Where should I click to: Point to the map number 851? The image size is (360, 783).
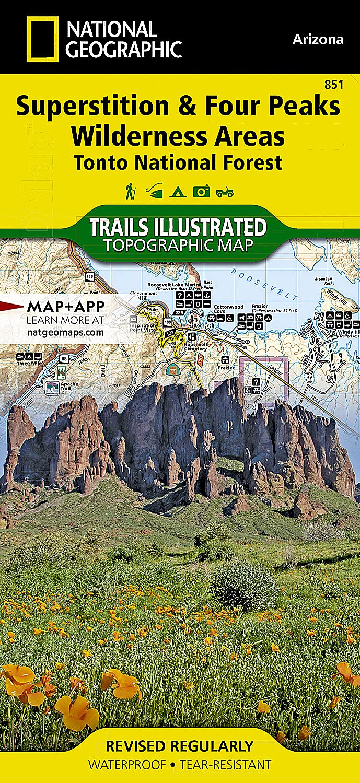(334, 85)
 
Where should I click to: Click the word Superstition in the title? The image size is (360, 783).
(94, 107)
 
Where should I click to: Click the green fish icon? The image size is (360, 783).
(153, 192)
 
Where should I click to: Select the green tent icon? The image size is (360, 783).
(175, 192)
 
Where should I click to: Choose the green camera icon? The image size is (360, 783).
(201, 192)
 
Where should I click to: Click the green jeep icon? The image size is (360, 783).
(225, 193)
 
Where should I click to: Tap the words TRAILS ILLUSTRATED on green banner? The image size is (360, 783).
(178, 228)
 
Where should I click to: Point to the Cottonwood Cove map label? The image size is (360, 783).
(210, 308)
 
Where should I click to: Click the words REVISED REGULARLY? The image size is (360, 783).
(179, 745)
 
